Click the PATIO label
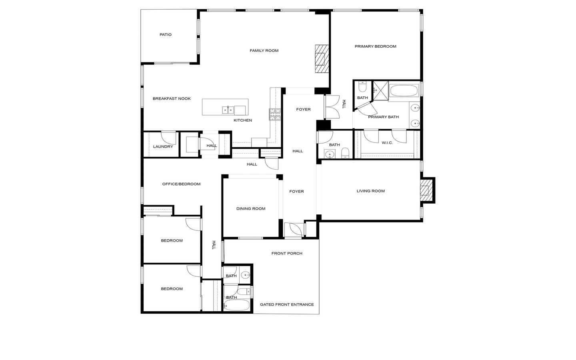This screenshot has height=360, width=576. pyautogui.click(x=165, y=34)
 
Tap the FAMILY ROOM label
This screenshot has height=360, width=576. pyautogui.click(x=264, y=51)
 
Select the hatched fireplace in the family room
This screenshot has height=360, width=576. pyautogui.click(x=322, y=59)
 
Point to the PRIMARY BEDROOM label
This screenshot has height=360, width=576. pyautogui.click(x=376, y=46)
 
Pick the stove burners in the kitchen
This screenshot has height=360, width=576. pyautogui.click(x=275, y=114)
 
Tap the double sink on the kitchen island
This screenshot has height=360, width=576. pyautogui.click(x=228, y=110)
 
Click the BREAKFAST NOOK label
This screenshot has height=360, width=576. pyautogui.click(x=172, y=98)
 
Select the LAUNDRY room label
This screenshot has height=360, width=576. pyautogui.click(x=163, y=146)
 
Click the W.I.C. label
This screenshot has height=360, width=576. pyautogui.click(x=387, y=143)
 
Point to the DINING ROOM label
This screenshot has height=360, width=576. pyautogui.click(x=251, y=208)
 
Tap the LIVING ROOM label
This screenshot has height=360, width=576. pyautogui.click(x=371, y=191)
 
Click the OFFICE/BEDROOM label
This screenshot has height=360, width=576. pyautogui.click(x=181, y=184)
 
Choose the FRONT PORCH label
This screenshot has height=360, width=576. pyautogui.click(x=287, y=253)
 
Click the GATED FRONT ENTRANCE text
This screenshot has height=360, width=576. pyautogui.click(x=287, y=304)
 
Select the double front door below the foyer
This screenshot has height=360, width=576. pyautogui.click(x=294, y=230)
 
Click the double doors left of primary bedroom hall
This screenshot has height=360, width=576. pyautogui.click(x=332, y=107)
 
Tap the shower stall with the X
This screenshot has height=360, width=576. pyautogui.click(x=380, y=90)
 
